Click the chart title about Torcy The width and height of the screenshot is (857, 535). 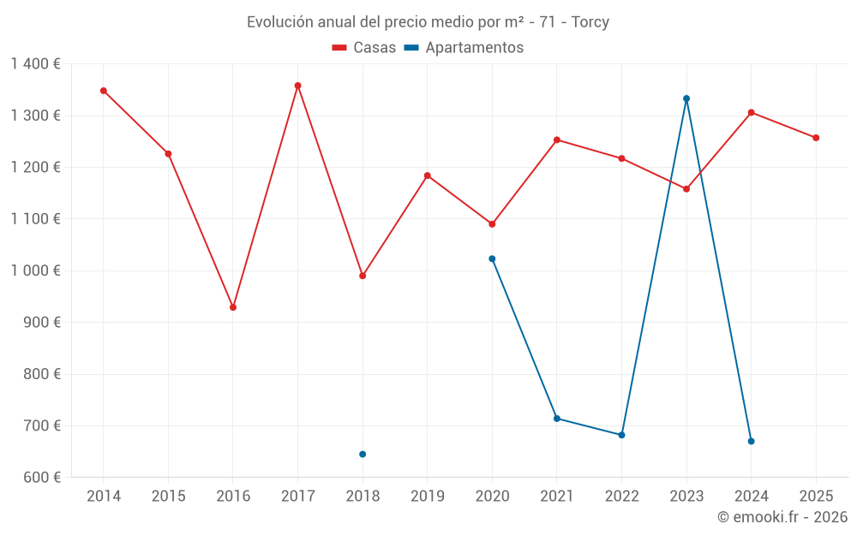pyautogui.click(x=428, y=22)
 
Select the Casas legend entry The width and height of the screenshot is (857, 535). pyautogui.click(x=364, y=48)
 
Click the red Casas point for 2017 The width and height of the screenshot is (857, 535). pyautogui.click(x=297, y=86)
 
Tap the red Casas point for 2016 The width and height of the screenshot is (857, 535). pyautogui.click(x=233, y=307)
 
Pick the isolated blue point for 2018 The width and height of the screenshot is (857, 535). pyautogui.click(x=363, y=455)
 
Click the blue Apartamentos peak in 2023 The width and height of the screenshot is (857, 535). pyautogui.click(x=686, y=98)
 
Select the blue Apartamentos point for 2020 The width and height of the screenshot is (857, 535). pyautogui.click(x=492, y=259)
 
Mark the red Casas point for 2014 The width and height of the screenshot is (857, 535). pyautogui.click(x=104, y=91)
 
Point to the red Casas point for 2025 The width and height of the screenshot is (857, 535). pyautogui.click(x=816, y=138)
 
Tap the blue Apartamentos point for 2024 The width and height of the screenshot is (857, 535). pyautogui.click(x=751, y=442)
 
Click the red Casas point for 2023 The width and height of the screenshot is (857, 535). pyautogui.click(x=686, y=189)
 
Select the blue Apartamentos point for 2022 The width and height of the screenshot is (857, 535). pyautogui.click(x=621, y=435)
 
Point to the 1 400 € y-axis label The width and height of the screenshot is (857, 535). pyautogui.click(x=36, y=64)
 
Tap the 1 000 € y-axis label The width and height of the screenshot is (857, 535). pyautogui.click(x=36, y=270)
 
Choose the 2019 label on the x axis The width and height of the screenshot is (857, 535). pyautogui.click(x=427, y=496)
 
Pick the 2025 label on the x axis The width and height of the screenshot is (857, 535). pyautogui.click(x=816, y=496)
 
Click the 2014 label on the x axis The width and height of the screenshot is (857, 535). pyautogui.click(x=104, y=496)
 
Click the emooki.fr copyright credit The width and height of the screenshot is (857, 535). pyautogui.click(x=782, y=517)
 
